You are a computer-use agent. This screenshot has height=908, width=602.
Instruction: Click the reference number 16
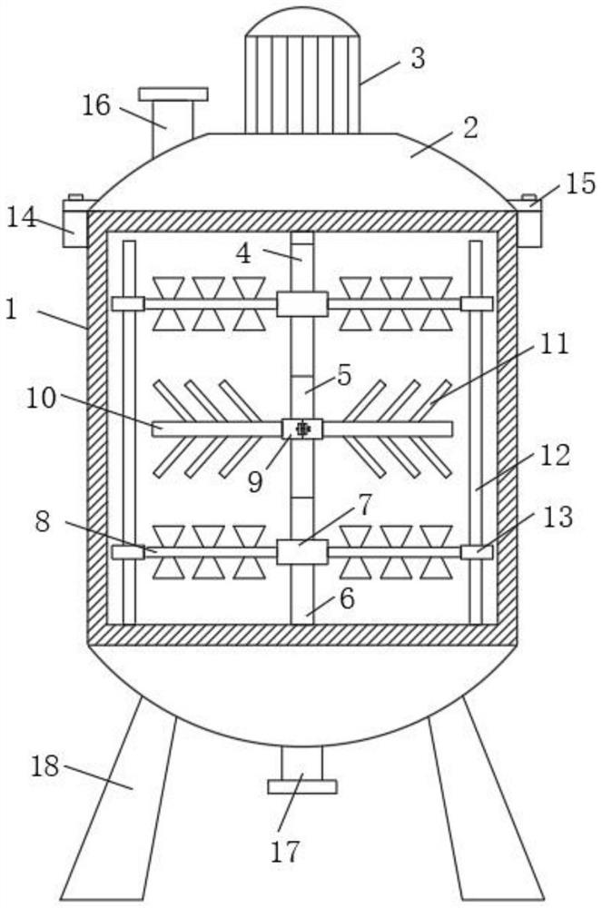click(95, 106)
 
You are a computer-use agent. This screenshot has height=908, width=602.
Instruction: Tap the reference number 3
click(417, 58)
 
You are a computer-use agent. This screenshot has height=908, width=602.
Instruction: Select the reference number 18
click(44, 766)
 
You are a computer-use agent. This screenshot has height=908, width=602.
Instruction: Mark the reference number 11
click(553, 344)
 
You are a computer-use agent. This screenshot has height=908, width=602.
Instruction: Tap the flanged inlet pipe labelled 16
click(173, 113)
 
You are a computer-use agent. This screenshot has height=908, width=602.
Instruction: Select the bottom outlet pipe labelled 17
click(301, 770)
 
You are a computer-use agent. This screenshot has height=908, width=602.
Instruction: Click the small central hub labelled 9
click(302, 428)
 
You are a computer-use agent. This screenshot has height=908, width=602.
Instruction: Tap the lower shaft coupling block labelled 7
click(301, 551)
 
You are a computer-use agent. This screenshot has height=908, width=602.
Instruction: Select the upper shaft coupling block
click(301, 303)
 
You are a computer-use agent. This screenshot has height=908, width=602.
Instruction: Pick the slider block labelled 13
click(477, 551)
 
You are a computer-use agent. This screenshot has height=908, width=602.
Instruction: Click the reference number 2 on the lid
click(469, 126)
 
